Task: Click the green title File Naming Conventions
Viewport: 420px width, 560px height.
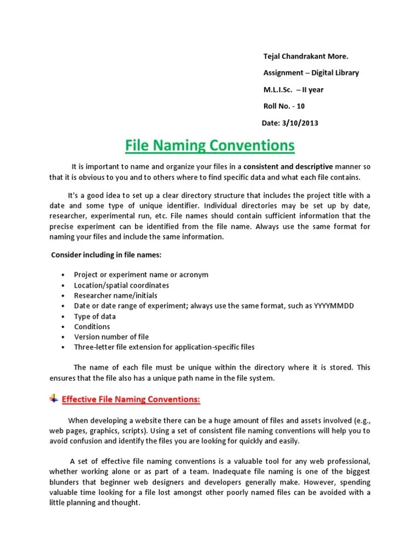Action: point(210,146)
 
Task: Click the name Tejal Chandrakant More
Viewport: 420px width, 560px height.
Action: point(306,57)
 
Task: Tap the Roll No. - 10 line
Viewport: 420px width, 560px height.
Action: point(285,107)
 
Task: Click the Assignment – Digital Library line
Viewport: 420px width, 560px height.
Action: point(311,73)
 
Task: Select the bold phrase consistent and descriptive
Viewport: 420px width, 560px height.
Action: point(288,166)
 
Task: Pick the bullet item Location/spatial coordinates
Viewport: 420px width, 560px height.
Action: point(121,285)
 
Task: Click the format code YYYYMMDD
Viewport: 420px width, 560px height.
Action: point(334,306)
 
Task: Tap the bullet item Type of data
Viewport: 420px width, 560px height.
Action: point(95,316)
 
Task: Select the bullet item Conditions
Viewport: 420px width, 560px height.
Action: point(92,326)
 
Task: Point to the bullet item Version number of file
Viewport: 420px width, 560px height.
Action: point(112,337)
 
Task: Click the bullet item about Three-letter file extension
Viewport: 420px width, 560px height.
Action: point(164,347)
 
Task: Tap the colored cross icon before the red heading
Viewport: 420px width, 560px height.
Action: point(54,399)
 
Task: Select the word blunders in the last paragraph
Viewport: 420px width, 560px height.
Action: point(65,483)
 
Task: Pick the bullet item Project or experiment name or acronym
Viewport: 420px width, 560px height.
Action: point(141,275)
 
